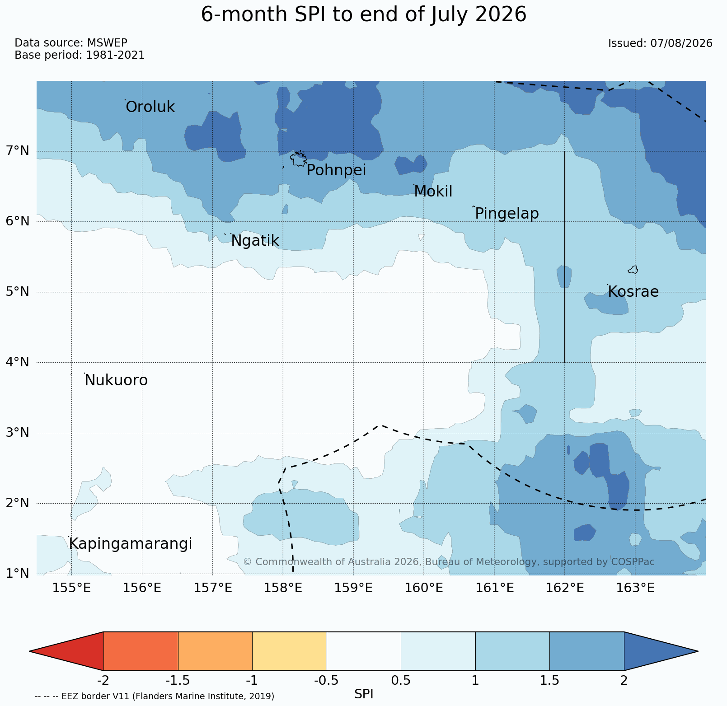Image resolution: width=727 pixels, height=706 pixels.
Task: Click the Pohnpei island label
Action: (x=336, y=170)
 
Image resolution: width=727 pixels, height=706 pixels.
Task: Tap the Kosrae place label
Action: (x=633, y=292)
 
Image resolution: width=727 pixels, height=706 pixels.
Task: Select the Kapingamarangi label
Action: (x=130, y=544)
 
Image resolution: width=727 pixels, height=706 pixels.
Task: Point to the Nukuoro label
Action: (x=116, y=380)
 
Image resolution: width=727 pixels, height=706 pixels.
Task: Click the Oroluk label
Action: (x=150, y=107)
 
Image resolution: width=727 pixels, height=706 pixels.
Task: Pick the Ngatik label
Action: (x=255, y=241)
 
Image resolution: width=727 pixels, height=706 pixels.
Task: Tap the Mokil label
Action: (x=433, y=192)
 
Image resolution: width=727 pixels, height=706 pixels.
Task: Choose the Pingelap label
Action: (x=507, y=214)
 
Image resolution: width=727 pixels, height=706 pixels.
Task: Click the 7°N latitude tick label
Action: (x=18, y=151)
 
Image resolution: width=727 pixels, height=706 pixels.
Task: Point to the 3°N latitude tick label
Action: (x=18, y=433)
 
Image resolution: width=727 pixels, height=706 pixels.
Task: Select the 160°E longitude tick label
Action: (x=424, y=588)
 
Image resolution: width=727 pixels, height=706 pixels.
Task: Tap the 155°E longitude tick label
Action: (x=71, y=588)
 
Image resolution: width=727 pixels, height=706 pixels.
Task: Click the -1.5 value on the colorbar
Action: (x=178, y=680)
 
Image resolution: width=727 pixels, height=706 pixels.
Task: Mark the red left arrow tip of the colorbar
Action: (x=30, y=651)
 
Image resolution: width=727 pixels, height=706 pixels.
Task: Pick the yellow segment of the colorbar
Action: (x=290, y=651)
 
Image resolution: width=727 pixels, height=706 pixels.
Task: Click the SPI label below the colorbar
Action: (x=364, y=694)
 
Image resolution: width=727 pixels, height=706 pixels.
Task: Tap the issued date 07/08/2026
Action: (x=681, y=43)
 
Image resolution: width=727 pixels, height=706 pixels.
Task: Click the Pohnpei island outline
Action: (x=298, y=159)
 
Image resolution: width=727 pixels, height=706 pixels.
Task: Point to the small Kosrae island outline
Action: (x=633, y=270)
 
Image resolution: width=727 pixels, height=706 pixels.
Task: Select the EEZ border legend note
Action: (x=155, y=697)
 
